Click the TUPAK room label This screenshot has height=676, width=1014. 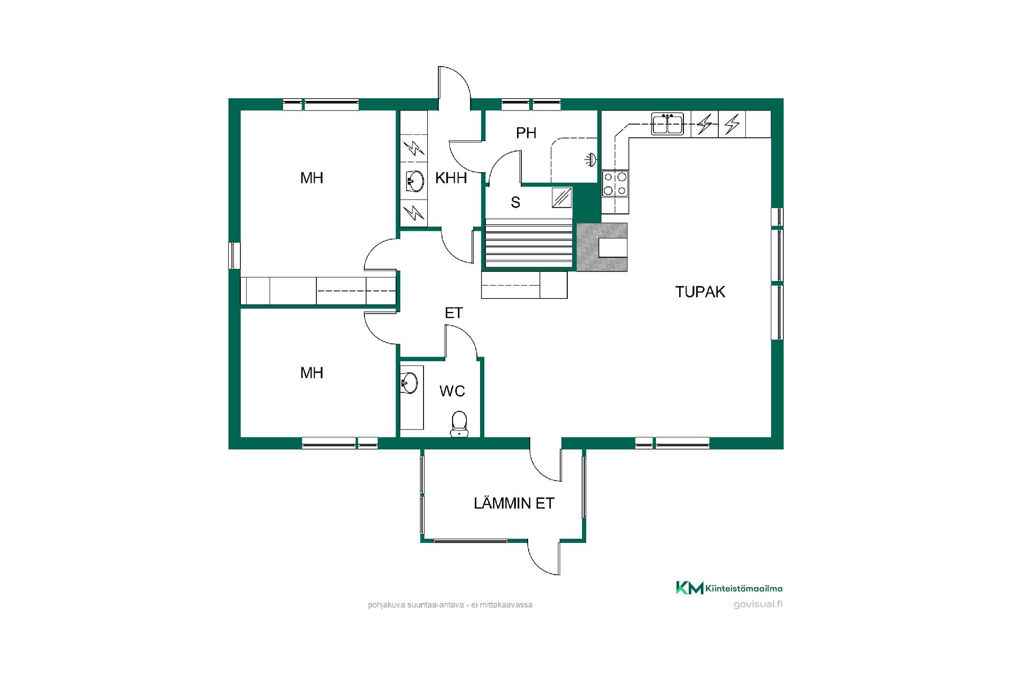tap(700, 292)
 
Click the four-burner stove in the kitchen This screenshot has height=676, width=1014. tap(615, 184)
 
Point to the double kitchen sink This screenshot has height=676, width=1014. tap(668, 124)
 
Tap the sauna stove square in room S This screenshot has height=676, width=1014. tap(562, 198)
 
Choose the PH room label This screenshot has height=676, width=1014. tap(526, 133)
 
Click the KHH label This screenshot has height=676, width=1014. tap(451, 178)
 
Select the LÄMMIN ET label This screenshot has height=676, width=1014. tap(514, 503)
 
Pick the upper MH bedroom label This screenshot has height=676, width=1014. tap(312, 178)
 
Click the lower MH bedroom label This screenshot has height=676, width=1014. tap(312, 373)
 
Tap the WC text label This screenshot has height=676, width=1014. tap(452, 391)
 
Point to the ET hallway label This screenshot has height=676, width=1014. tap(454, 313)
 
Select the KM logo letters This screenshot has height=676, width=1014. tap(690, 588)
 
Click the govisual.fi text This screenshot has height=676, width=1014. tap(758, 605)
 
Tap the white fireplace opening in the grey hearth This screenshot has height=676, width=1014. tap(612, 247)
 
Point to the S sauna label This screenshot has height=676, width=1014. tap(515, 202)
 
